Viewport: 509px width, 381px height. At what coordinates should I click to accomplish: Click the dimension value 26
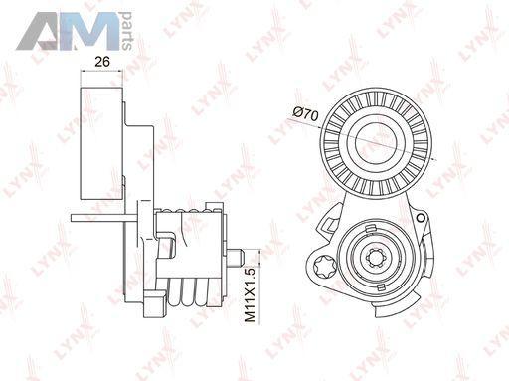(x=102, y=62)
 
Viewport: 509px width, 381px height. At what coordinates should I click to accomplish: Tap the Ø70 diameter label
(x=305, y=114)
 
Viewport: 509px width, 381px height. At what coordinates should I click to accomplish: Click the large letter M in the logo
(x=89, y=31)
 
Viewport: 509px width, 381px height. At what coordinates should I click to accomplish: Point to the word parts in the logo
(x=126, y=31)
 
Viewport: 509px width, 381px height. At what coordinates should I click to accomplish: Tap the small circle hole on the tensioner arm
(x=421, y=218)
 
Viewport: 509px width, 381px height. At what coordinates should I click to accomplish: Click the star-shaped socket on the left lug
(x=323, y=266)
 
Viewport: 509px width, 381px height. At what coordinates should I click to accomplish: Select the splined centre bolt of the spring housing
(x=377, y=257)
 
